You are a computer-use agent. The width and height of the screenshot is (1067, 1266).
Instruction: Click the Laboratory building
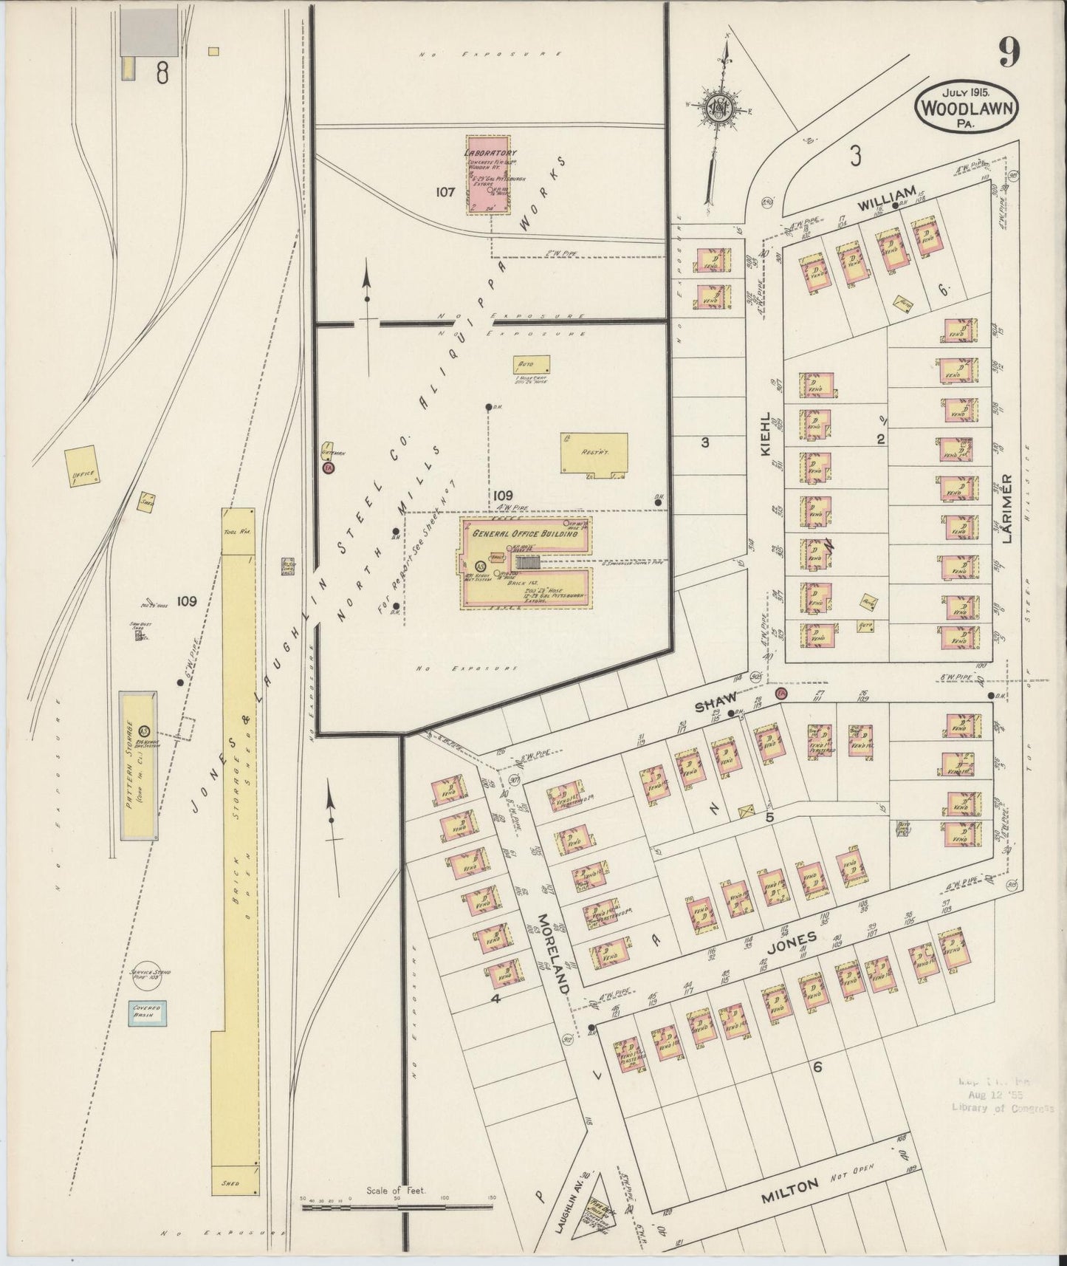[487, 175]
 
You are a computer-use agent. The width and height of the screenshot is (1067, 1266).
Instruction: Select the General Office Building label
[524, 533]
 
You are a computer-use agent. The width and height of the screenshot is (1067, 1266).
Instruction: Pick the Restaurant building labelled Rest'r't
[594, 452]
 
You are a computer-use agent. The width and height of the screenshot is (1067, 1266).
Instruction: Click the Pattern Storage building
[138, 765]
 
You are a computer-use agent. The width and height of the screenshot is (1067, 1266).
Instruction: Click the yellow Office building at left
[81, 465]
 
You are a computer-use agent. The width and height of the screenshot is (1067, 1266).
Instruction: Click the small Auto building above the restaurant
[532, 365]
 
